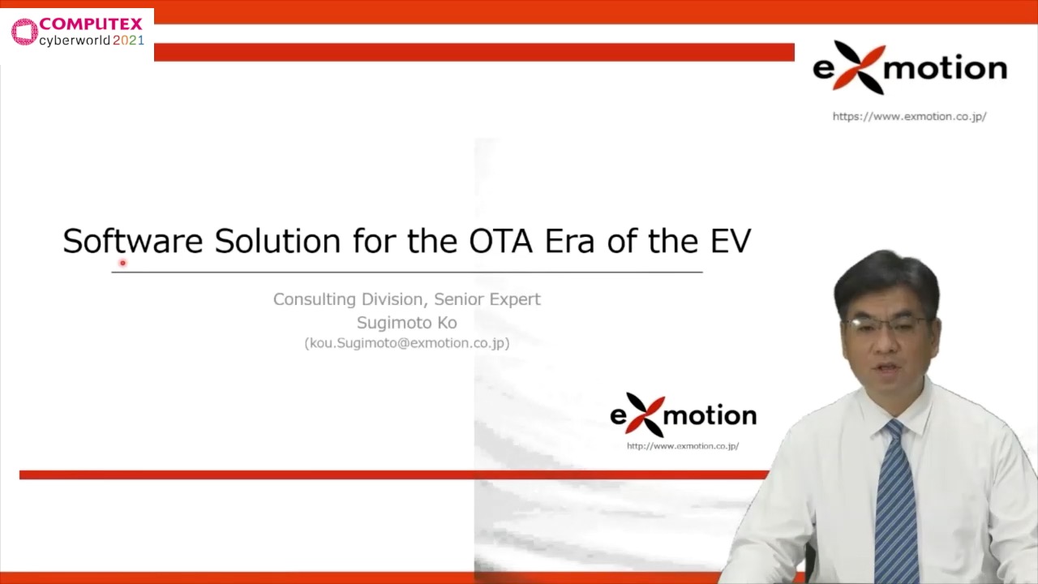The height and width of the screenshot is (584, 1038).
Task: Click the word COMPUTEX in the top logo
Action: (x=91, y=24)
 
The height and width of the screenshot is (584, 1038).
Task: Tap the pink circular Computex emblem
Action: (x=24, y=32)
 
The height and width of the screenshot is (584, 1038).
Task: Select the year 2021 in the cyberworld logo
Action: (x=128, y=41)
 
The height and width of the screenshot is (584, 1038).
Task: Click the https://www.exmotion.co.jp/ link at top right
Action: (x=909, y=116)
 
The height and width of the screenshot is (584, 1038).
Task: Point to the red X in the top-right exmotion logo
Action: (x=859, y=67)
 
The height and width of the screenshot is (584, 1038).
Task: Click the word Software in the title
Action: (x=133, y=241)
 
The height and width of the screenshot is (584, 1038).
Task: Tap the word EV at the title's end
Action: (x=731, y=241)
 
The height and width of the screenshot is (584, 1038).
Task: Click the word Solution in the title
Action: (x=277, y=241)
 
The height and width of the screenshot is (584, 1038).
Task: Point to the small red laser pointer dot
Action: (x=122, y=263)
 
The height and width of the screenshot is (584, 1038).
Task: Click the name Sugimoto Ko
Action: (x=407, y=323)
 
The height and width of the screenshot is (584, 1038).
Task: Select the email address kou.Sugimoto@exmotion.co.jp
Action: (x=407, y=343)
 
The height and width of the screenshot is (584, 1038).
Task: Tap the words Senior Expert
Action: (x=487, y=299)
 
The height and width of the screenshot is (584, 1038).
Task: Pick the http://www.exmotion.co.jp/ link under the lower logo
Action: (x=683, y=446)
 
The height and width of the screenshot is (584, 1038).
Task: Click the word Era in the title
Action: (x=569, y=241)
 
